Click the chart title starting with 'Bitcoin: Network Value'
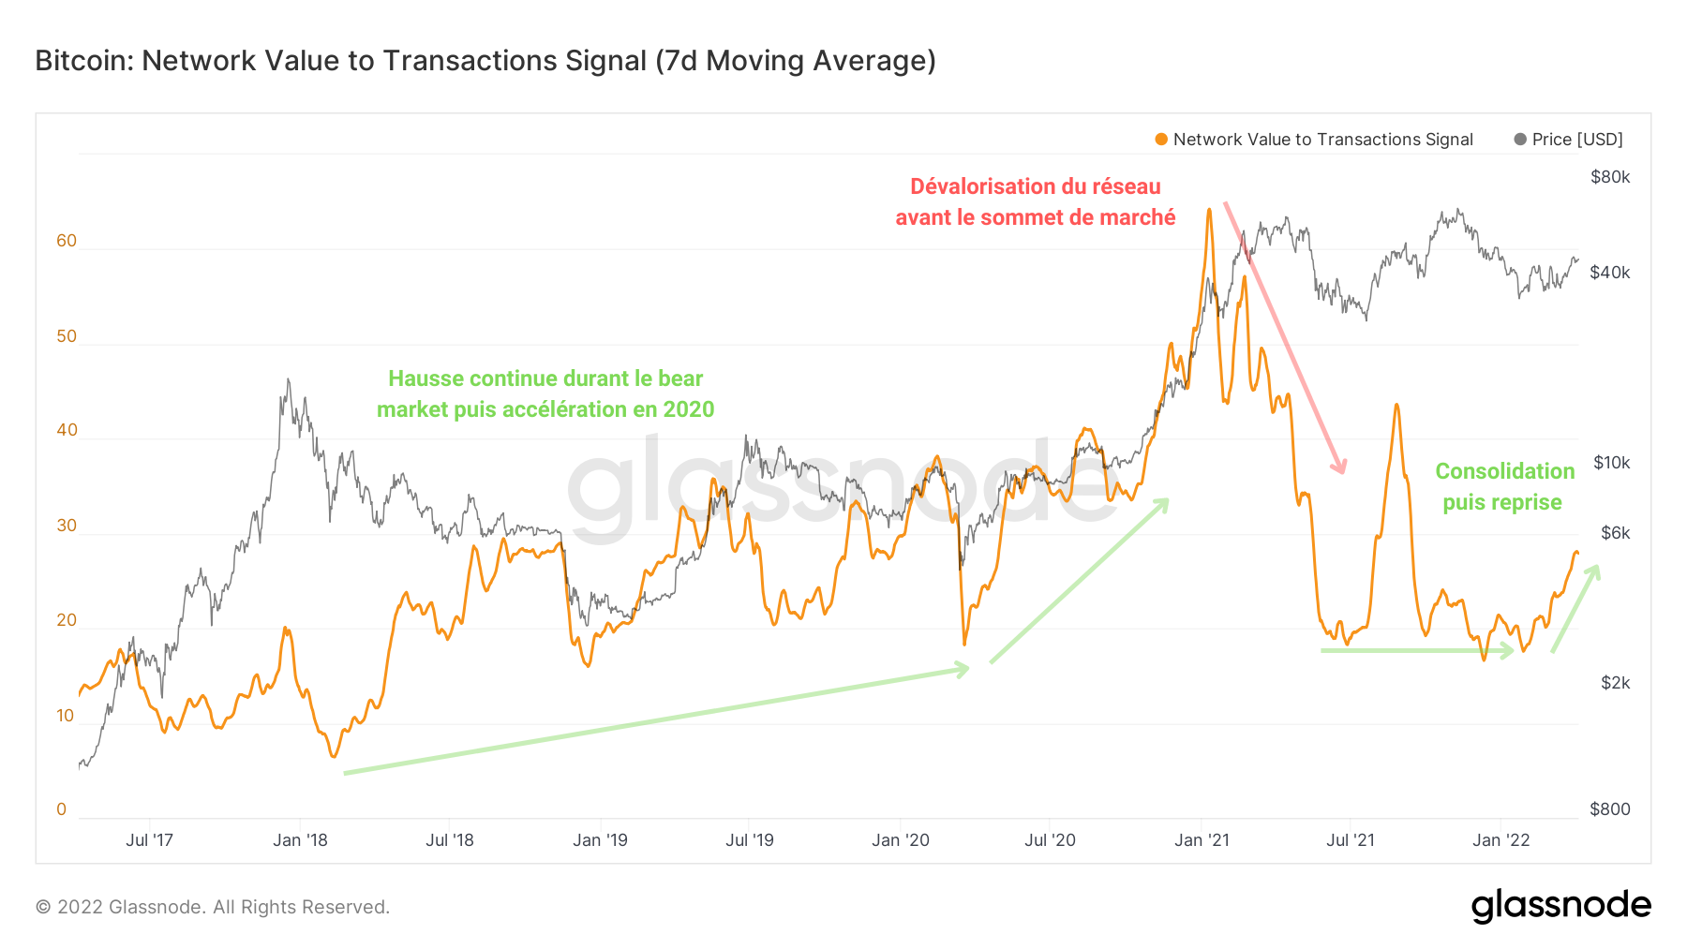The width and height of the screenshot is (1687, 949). pyautogui.click(x=485, y=61)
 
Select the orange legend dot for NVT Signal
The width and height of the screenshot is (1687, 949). pyautogui.click(x=1161, y=140)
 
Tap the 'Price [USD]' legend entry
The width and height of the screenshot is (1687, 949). pyautogui.click(x=1576, y=140)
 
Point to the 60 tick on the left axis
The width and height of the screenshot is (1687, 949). pyautogui.click(x=67, y=241)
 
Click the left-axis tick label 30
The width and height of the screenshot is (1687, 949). pyautogui.click(x=67, y=526)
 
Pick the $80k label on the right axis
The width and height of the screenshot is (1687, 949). pyautogui.click(x=1610, y=177)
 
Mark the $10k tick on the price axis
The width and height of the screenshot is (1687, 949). pyautogui.click(x=1611, y=463)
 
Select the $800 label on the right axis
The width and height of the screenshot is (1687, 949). pyautogui.click(x=1610, y=809)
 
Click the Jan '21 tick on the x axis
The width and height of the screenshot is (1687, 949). pyautogui.click(x=1202, y=840)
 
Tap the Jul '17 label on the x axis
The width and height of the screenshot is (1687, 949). pyautogui.click(x=150, y=840)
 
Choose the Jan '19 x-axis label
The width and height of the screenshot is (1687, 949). pyautogui.click(x=600, y=840)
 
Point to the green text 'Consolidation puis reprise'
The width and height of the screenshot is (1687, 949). pyautogui.click(x=1503, y=486)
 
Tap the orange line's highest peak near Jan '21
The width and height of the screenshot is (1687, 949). pyautogui.click(x=1209, y=210)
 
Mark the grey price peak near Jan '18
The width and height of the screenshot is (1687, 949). pyautogui.click(x=288, y=380)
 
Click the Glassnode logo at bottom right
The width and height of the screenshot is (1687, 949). pyautogui.click(x=1560, y=906)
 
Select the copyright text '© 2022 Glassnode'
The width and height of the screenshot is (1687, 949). pyautogui.click(x=213, y=907)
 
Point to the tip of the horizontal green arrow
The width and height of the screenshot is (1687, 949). pyautogui.click(x=1513, y=650)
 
